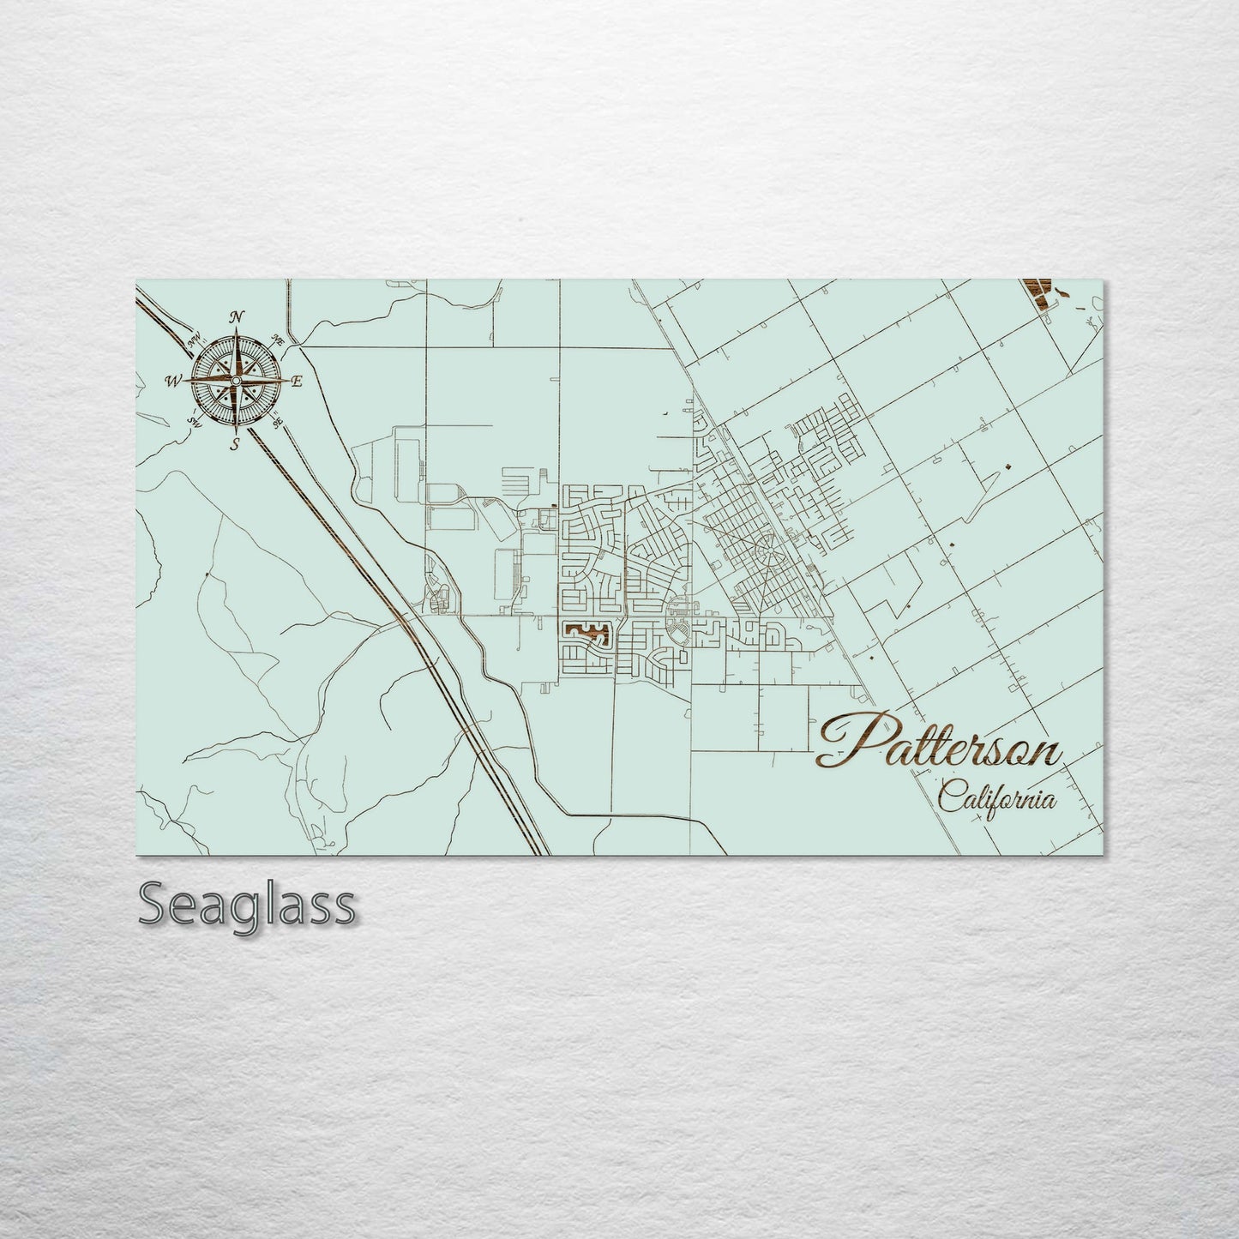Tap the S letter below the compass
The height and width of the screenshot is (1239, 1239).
pos(235,443)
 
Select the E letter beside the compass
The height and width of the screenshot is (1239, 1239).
pos(297,382)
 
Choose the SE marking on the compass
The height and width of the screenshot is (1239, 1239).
pos(277,423)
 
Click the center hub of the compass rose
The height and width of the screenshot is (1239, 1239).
pos(236,380)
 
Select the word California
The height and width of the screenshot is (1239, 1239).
pos(996,798)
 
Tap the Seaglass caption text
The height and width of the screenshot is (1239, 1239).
pos(246,904)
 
